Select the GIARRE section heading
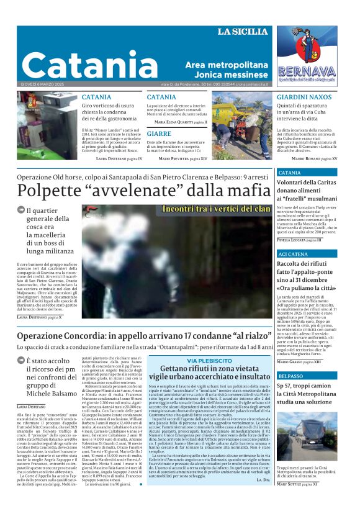(x=160, y=133)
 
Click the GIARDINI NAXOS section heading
(x=304, y=97)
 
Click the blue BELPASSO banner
(x=291, y=376)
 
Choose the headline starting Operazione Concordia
(x=144, y=336)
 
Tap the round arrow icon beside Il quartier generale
(x=21, y=210)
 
